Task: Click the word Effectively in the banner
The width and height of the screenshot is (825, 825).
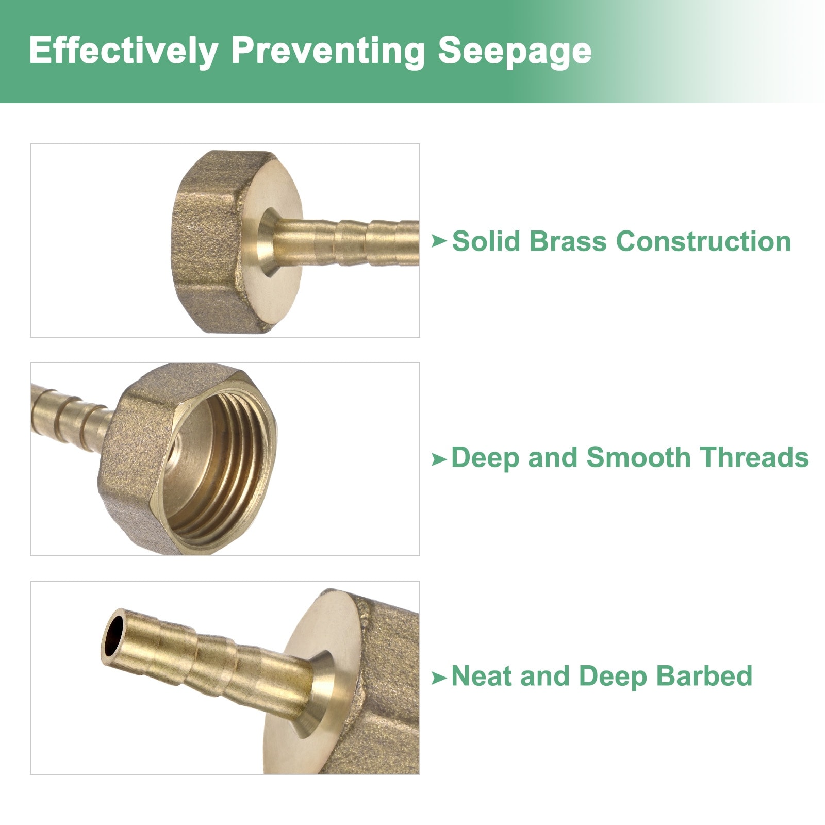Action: [x=124, y=52]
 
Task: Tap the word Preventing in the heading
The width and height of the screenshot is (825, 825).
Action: [x=328, y=52]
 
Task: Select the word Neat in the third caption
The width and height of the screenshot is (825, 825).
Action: [x=482, y=676]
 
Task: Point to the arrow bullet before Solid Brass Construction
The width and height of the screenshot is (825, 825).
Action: [x=439, y=241]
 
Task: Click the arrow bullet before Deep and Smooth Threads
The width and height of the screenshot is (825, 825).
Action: [x=439, y=458]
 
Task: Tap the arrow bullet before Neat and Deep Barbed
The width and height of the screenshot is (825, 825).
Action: [x=439, y=678]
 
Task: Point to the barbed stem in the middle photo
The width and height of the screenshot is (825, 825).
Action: [x=70, y=412]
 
